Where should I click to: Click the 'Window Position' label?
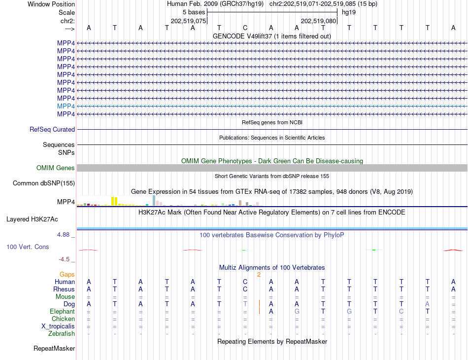[51, 4]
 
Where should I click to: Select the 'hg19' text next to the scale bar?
[349, 12]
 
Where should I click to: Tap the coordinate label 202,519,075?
[188, 21]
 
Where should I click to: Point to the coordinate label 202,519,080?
[318, 21]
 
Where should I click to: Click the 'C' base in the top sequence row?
[245, 28]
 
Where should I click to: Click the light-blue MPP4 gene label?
[66, 106]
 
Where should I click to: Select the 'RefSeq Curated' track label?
[52, 129]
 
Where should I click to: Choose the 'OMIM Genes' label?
[56, 168]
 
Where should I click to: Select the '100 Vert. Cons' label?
[28, 247]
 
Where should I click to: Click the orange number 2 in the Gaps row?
[259, 274]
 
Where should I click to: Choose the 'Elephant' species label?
[63, 312]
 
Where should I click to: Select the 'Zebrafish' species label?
[62, 334]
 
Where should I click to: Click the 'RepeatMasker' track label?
[54, 349]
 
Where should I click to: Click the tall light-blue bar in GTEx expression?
[154, 200]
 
